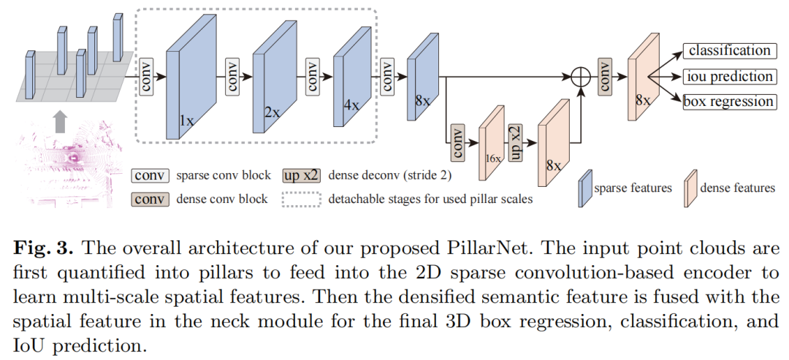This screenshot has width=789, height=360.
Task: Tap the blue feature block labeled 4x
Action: [x=348, y=76]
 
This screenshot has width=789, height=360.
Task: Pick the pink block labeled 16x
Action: [x=491, y=142]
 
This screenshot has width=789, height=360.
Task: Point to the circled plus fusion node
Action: [x=580, y=76]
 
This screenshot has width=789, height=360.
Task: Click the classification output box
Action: [x=728, y=51]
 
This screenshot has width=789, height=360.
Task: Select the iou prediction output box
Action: [x=728, y=77]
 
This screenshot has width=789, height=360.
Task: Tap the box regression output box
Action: [x=728, y=102]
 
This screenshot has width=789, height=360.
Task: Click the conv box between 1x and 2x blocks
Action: [x=233, y=76]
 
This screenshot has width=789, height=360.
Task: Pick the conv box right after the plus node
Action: [x=605, y=76]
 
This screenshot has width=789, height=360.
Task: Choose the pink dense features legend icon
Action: [x=688, y=188]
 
